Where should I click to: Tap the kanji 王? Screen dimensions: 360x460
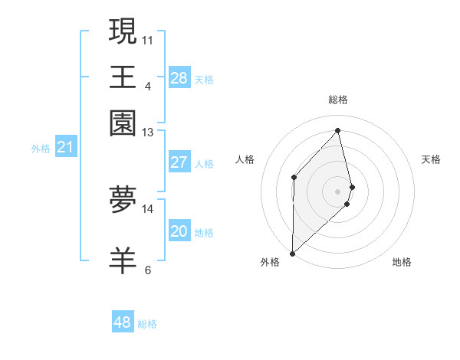pos(123,77)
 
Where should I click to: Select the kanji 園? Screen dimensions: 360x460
pos(123,122)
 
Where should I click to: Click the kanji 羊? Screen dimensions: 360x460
pos(123,260)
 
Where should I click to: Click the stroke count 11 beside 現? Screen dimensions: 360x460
pos(148,39)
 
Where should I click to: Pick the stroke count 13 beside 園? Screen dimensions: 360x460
pos(148,133)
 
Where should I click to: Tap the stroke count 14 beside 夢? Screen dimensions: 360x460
pos(148,208)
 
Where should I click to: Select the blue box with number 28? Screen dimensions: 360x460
pos(179,78)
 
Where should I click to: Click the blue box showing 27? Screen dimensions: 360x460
pos(179,162)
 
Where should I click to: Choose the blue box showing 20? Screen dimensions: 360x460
pos(179,232)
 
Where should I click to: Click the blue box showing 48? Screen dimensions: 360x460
pos(123,322)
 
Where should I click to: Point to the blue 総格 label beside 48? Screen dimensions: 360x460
pos(147,324)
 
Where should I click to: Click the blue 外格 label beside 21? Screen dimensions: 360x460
pos(41,149)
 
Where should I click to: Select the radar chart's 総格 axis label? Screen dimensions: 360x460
pos(338,100)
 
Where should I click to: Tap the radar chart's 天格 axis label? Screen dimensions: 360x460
pos(432,159)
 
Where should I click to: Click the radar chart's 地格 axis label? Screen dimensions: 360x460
pos(402,262)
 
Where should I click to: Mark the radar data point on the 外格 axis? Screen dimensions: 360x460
pos(292,253)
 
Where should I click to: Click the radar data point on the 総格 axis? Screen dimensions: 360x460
pos(338,130)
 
